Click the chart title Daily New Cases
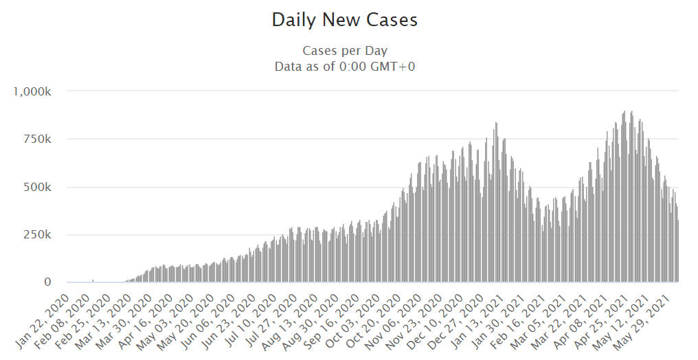(344, 20)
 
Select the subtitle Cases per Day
(345, 51)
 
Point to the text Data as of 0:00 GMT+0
(345, 67)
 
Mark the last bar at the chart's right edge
(678, 251)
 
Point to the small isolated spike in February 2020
(93, 280)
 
